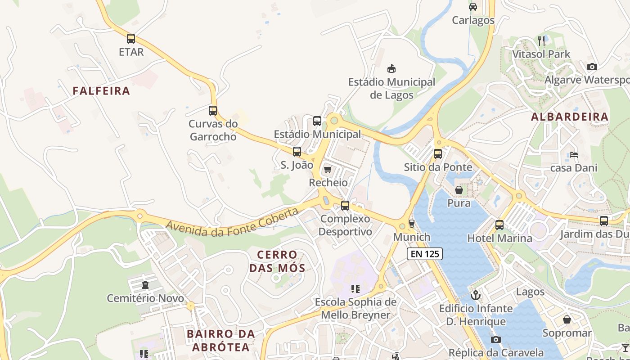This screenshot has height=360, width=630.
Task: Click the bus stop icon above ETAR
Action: pos(131,39)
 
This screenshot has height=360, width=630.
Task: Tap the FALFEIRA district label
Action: pos(101,91)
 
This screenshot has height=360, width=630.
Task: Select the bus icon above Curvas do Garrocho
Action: pos(213,110)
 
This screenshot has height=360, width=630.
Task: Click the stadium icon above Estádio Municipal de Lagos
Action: pos(391,69)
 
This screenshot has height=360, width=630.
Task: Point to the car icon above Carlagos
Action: pos(473,7)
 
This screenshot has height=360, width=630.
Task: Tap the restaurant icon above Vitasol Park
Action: pos(542,40)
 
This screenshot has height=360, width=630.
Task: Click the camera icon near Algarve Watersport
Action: pos(592,67)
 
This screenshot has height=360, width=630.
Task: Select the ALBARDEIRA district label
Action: pos(570,117)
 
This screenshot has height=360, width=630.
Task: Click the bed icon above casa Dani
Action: pos(574,155)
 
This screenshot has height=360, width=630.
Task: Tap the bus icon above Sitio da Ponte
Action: pos(438,154)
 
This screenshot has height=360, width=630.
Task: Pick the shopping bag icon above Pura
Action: pos(459,190)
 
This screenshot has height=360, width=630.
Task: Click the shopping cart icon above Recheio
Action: pos(328,170)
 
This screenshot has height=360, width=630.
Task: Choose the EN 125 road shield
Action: pos(425,254)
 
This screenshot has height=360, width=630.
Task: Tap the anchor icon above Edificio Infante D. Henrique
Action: pos(476,295)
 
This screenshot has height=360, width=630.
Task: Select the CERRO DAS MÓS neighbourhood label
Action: pos(277,261)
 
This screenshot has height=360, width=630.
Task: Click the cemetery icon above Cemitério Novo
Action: pos(145,285)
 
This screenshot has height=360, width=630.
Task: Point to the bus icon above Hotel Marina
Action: pos(499,225)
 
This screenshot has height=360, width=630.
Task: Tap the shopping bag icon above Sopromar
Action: pos(567,320)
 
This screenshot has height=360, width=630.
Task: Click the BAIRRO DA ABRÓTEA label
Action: pos(220,341)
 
